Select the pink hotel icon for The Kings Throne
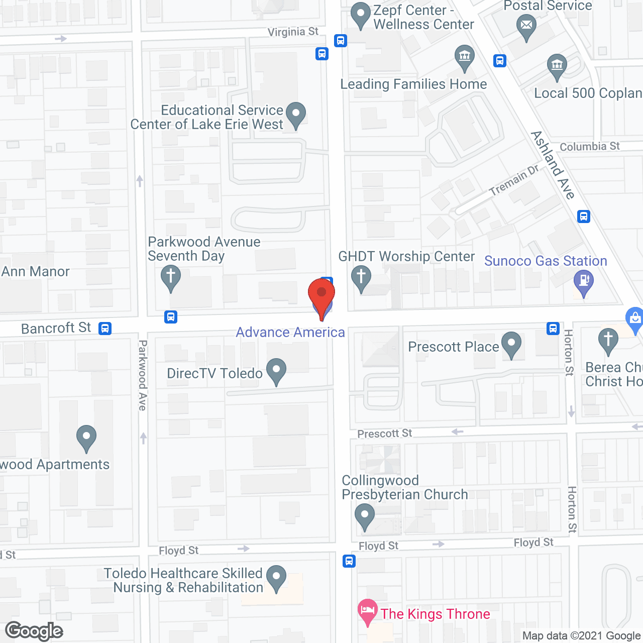coord(367,611)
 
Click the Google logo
coord(34,631)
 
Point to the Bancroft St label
coord(56,328)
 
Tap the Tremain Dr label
coord(513,180)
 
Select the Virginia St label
coord(293,32)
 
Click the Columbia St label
coord(590,147)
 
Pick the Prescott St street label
coord(384,434)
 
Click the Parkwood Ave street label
coord(143,375)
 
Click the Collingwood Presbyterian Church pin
coord(365,516)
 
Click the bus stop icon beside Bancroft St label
coord(105,329)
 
